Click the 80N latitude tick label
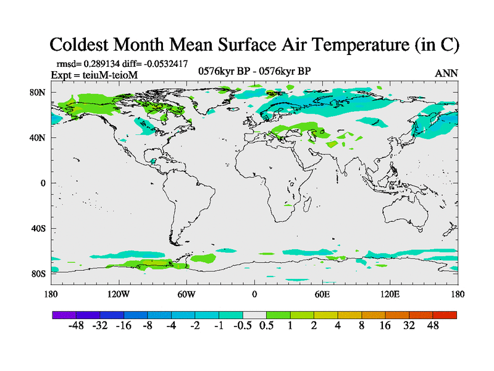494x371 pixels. [x=38, y=92]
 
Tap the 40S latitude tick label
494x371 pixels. [x=38, y=228]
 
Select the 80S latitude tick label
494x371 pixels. [x=38, y=273]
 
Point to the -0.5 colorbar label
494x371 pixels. [x=243, y=326]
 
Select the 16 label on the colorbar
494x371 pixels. [x=385, y=326]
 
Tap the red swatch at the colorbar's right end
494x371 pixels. [x=445, y=315]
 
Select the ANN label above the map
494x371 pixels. [x=446, y=73]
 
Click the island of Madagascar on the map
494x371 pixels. [x=308, y=205]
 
